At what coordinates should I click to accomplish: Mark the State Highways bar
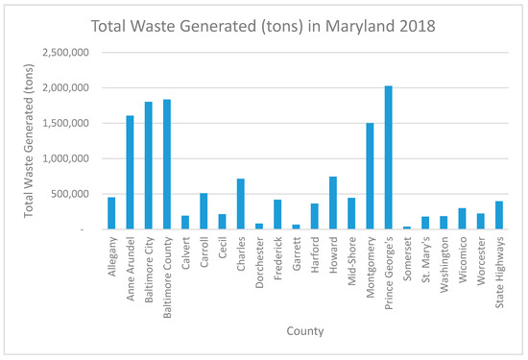coord(498,215)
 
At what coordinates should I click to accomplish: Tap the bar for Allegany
coord(112,213)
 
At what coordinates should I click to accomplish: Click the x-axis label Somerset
coord(407,257)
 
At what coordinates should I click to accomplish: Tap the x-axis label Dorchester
coord(260,261)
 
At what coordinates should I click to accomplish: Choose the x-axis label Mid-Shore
coord(351,259)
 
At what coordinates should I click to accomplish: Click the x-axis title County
coord(304,331)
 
